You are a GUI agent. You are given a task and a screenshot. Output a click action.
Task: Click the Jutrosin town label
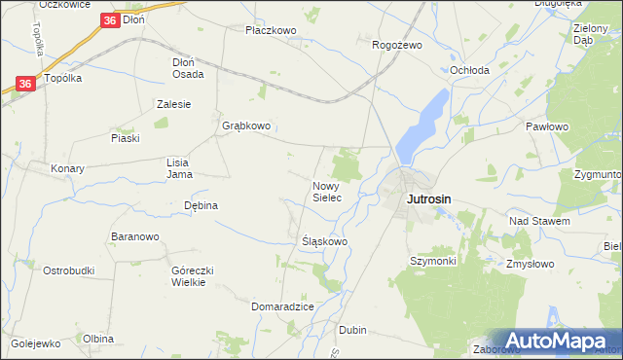click(428, 199)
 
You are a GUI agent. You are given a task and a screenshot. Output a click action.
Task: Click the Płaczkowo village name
click(271, 30)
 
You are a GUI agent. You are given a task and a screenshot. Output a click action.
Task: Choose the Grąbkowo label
click(246, 126)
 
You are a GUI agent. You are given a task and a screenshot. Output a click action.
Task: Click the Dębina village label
click(201, 205)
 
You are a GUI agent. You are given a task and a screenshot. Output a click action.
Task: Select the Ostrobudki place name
click(68, 270)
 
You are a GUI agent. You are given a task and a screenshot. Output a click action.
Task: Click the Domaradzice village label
click(282, 306)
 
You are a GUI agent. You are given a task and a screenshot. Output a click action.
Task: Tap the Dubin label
click(352, 330)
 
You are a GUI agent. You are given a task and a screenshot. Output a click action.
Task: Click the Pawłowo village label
click(546, 126)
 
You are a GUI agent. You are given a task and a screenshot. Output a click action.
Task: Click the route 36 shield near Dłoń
click(110, 18)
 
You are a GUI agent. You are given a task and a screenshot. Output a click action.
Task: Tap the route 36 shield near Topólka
click(26, 85)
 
